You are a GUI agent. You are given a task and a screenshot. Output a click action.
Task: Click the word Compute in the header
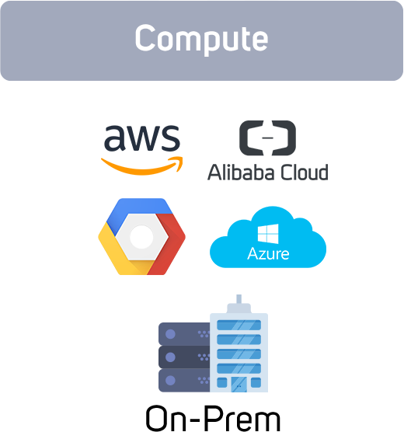point(201,39)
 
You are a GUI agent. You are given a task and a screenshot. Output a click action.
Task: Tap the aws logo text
point(142,138)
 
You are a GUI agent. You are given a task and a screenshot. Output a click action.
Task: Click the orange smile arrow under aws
point(142,165)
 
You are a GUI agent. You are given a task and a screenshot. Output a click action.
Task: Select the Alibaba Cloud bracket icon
point(267,138)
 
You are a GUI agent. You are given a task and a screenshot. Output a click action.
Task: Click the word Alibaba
point(241,172)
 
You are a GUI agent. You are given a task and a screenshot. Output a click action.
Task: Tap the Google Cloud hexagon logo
point(141,236)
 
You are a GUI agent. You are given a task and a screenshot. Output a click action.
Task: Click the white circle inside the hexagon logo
point(141,237)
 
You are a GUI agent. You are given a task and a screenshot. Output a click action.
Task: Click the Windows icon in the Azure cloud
point(268,234)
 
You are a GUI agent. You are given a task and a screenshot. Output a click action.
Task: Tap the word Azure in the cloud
point(268,254)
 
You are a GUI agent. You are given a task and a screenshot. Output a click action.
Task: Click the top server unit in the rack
point(184,334)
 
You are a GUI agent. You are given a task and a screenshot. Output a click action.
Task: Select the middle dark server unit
point(184,357)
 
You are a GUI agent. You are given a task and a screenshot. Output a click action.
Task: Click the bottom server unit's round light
point(170,381)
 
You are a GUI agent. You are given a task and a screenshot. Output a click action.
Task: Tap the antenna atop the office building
point(239,299)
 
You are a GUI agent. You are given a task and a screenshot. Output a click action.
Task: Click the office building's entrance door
point(239,385)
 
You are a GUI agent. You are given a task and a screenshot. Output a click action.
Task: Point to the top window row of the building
point(239,325)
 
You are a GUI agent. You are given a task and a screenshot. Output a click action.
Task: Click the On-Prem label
point(213,418)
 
